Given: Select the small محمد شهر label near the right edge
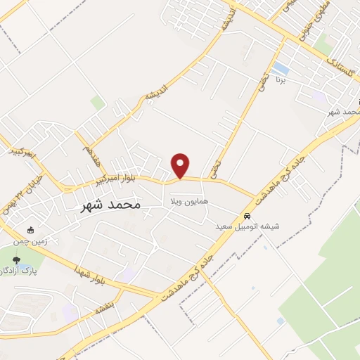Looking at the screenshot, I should click(345, 111).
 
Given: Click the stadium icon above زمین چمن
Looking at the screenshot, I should click(30, 230).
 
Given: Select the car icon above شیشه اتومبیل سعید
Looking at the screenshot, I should click(247, 215).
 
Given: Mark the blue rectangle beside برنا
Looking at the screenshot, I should click(281, 68).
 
